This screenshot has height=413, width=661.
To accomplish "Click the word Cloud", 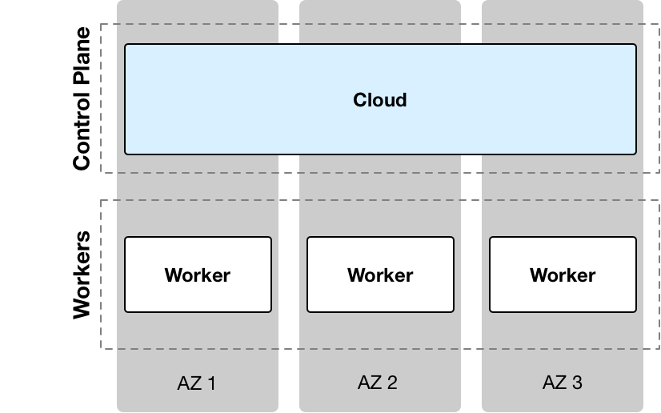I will point(380,100).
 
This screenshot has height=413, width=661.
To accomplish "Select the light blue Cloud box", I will point(380,128).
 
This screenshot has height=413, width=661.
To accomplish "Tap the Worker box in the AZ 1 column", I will point(198,275).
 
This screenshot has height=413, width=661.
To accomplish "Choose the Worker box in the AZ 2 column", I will point(380,275).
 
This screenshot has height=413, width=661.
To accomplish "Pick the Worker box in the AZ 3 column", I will point(563,275).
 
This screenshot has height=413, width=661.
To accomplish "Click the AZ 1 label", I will point(196,383).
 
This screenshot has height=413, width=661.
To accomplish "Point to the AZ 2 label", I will point(378,383).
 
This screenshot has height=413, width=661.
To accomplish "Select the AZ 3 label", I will point(562,383).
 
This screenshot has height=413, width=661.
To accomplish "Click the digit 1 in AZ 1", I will point(211,383).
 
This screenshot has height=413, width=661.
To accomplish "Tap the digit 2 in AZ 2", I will point(392,383).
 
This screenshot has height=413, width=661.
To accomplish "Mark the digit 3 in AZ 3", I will point(577,383).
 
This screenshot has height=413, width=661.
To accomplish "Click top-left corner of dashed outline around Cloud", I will point(101,25).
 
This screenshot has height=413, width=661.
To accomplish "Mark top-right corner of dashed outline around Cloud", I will point(660,25).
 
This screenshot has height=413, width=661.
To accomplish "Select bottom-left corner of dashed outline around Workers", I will point(101,348).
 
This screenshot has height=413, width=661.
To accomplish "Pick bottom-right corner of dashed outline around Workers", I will point(660,348).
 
